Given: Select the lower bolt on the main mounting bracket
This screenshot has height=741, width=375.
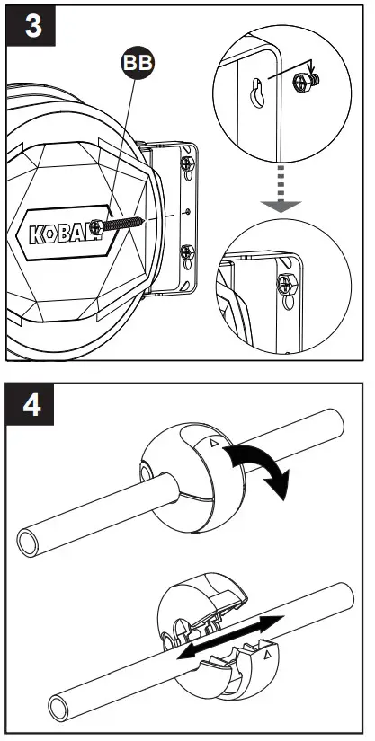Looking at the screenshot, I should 188,251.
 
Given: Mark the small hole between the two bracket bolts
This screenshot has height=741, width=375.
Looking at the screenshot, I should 186,213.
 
